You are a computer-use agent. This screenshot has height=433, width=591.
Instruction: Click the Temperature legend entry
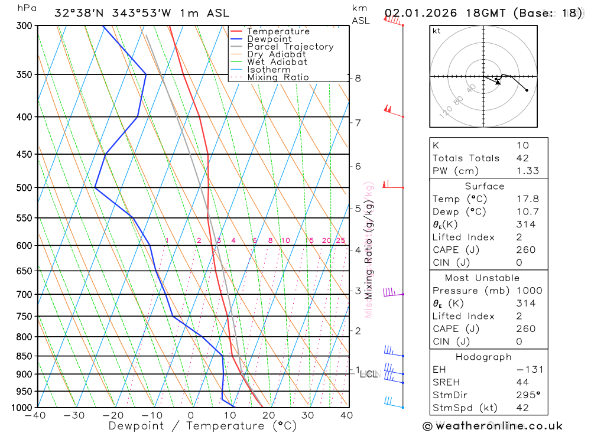278,31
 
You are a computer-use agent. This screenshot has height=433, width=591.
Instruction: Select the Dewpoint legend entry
269,39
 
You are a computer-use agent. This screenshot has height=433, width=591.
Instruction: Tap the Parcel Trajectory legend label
290,47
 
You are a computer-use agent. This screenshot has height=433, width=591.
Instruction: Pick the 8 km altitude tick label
358,78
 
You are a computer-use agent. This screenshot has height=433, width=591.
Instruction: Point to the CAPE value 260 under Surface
525,250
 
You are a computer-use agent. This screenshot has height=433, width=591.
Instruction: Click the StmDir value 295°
528,395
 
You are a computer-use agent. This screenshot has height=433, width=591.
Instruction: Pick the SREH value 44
521,382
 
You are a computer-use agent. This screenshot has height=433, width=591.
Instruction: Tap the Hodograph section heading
483,357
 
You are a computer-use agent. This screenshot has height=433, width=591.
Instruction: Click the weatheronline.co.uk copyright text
492,426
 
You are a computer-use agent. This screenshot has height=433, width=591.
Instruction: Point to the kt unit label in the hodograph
437,31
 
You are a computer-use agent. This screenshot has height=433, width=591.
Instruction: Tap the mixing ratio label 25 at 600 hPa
340,240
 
